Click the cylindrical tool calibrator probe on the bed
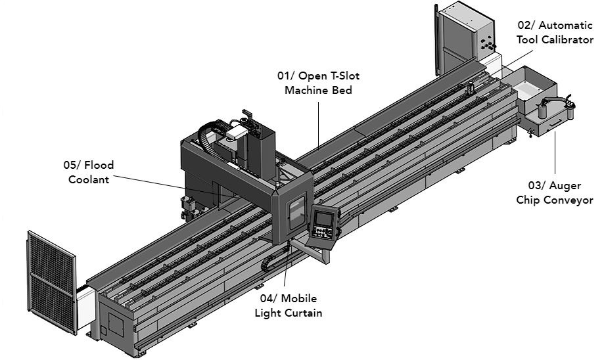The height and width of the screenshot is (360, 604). (470, 88)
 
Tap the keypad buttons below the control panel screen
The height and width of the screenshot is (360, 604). (322, 232)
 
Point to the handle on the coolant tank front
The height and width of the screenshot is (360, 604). (529, 133)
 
